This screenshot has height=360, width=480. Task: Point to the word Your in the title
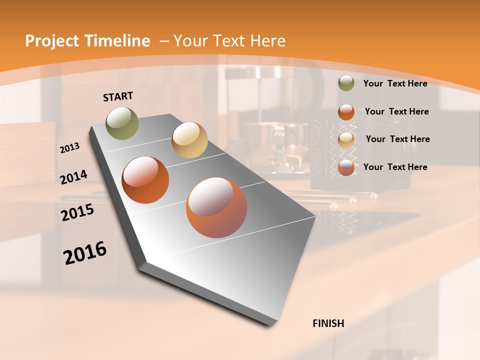(189, 41)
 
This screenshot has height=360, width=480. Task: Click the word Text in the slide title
(228, 41)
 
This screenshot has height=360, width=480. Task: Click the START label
(118, 96)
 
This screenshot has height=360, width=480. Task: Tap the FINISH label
(328, 323)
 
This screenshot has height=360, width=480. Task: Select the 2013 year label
(70, 148)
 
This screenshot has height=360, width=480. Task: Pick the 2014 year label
(74, 177)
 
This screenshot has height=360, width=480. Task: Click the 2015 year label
(77, 212)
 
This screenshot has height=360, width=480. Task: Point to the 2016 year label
(85, 253)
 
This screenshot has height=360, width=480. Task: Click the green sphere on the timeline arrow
(122, 123)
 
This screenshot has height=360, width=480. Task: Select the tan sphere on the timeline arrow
(189, 140)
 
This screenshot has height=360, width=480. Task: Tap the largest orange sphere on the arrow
(216, 207)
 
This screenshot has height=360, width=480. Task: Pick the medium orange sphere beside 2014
(145, 180)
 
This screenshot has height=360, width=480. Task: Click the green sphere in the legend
(346, 83)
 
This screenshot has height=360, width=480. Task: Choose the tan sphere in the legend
(346, 140)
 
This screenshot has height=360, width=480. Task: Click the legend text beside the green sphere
(395, 84)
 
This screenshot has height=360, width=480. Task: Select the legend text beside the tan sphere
(397, 139)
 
